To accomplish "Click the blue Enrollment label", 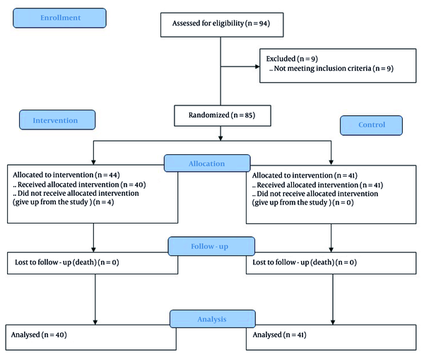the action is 60,18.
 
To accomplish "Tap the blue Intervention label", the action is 57,120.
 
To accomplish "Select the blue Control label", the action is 371,125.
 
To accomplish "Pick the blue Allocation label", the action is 207,163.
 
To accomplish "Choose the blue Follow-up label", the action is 211,246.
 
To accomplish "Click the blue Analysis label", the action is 213,319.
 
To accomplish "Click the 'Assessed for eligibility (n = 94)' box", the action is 222,25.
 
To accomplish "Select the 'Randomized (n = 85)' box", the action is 223,115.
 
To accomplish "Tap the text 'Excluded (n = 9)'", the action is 292,59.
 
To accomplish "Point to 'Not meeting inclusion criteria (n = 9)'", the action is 334,69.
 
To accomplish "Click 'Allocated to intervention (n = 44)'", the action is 66,175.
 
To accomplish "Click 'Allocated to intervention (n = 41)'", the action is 305,175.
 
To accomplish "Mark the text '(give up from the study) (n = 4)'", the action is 64,202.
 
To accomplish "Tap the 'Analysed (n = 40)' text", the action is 39,335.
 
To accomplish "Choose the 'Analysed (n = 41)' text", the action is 279,335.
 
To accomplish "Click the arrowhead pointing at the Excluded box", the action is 257,66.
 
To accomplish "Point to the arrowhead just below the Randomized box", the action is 220,138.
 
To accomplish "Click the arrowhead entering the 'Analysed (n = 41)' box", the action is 333,322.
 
